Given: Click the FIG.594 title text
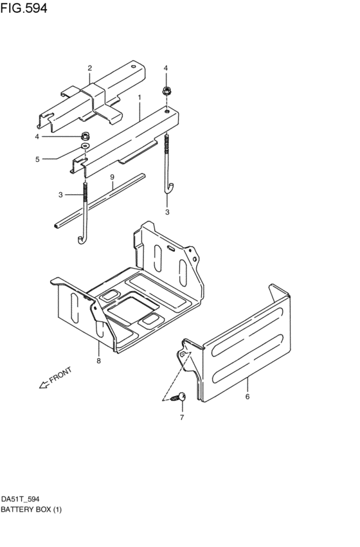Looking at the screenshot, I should click(x=24, y=8).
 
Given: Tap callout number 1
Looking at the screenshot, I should click(x=139, y=97).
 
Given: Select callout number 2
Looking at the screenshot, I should click(x=90, y=68).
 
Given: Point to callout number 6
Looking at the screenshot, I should click(x=247, y=397).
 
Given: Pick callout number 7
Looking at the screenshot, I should click(x=182, y=418).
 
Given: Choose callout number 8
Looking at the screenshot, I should click(x=98, y=361).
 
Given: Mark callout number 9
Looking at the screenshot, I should click(x=112, y=177).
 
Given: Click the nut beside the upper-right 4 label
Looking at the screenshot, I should click(x=166, y=90).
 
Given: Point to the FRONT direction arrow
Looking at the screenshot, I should click(x=43, y=384).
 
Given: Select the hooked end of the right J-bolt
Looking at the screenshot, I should click(x=170, y=187).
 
